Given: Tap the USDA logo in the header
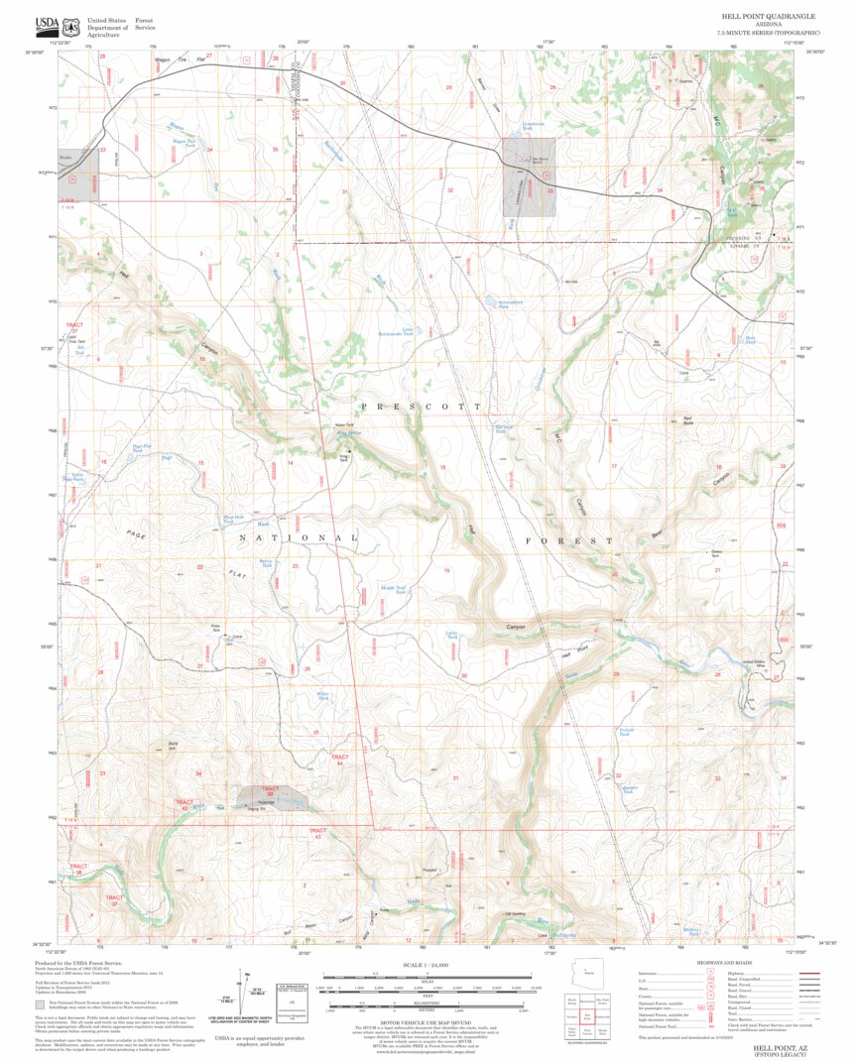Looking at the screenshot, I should (47, 24).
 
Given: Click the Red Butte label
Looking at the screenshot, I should (687, 420).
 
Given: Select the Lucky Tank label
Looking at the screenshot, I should (451, 635).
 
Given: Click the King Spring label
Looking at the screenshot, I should (351, 434).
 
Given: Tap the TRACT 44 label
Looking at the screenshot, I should (339, 760).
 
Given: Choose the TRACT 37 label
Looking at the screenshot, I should (115, 902).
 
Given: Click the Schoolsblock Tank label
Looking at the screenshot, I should (496, 304).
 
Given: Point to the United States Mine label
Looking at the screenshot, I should (756, 663).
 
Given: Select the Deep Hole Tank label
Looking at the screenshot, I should (233, 519).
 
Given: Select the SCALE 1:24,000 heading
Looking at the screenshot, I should (427, 965).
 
